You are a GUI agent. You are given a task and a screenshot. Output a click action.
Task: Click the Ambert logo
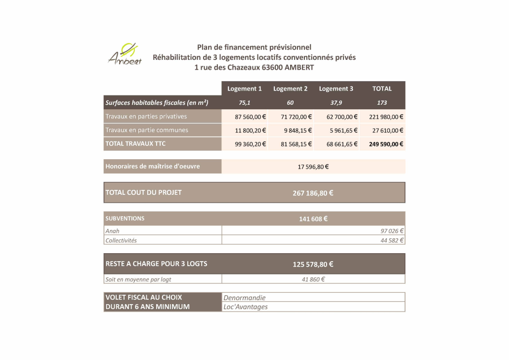tap(125, 54)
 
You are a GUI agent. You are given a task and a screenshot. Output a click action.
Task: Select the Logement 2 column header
tap(290, 89)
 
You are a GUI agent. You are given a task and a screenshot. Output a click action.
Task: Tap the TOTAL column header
tap(382, 89)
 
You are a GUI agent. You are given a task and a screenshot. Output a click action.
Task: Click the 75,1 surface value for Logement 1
tap(245, 103)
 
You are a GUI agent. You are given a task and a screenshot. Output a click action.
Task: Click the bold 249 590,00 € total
tap(386, 144)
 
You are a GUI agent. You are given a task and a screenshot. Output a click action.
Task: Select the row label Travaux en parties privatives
tap(146, 117)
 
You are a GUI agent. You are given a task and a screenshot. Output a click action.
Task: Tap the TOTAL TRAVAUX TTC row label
tap(135, 144)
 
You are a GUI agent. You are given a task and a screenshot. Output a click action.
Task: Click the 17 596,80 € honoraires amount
tap(313, 167)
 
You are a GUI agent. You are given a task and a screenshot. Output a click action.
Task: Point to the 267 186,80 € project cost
tap(313, 193)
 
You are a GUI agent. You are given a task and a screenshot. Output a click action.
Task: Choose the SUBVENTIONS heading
tap(125, 218)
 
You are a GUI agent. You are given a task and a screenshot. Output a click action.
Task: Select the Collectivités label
tap(121, 240)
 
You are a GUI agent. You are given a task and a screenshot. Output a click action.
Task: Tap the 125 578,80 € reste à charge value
tap(313, 264)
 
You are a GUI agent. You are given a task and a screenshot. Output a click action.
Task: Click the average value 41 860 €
tap(313, 279)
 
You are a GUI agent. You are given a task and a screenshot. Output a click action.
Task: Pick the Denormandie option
tap(245, 298)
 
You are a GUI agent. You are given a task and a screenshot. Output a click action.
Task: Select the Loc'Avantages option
tap(246, 307)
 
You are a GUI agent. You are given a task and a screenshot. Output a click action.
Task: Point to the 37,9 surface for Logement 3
tap(336, 103)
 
